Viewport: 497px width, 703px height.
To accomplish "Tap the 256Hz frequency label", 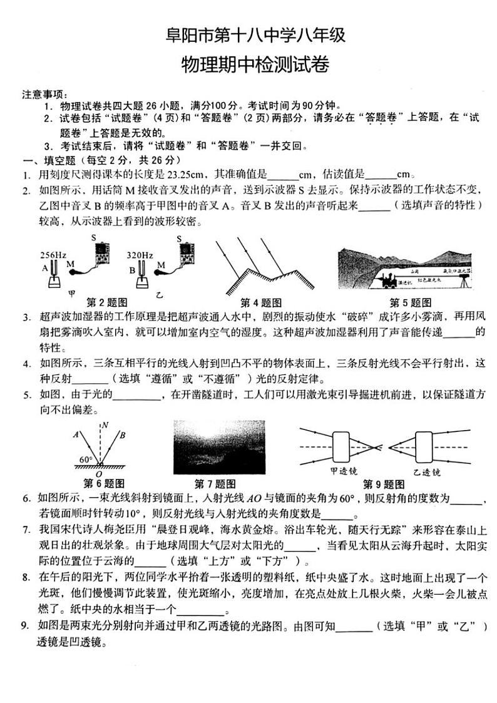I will click(x=53, y=255).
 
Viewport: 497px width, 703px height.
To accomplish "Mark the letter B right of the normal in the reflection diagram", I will click(x=123, y=434).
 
